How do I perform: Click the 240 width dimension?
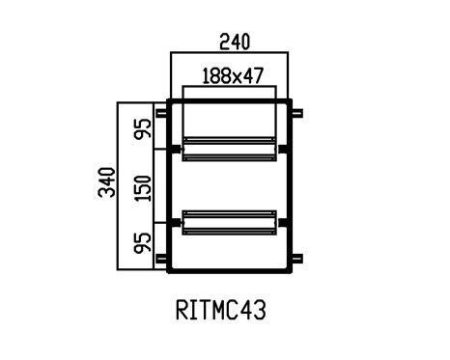pyautogui.click(x=235, y=42)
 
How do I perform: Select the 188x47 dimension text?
pyautogui.click(x=233, y=76)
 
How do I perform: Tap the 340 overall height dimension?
pyautogui.click(x=107, y=182)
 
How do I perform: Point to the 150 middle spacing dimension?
pyautogui.click(x=143, y=188)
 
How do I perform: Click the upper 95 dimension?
pyautogui.click(x=143, y=128)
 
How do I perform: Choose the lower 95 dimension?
pyautogui.click(x=143, y=243)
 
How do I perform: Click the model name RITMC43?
pyautogui.click(x=221, y=310)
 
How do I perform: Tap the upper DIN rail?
pyautogui.click(x=229, y=150)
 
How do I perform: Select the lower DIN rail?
pyautogui.click(x=229, y=223)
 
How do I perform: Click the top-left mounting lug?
pyautogui.click(x=161, y=113)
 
